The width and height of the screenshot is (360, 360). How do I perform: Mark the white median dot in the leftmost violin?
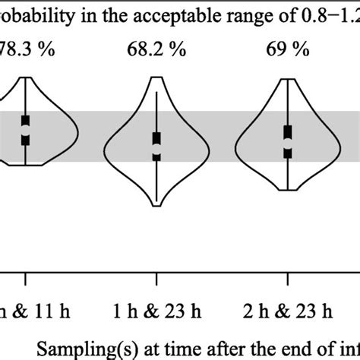(x=26, y=131)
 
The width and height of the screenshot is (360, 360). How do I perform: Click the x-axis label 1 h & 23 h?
(x=156, y=311)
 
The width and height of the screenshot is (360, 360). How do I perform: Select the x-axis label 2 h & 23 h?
(x=288, y=311)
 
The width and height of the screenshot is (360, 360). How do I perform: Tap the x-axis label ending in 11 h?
(x=23, y=311)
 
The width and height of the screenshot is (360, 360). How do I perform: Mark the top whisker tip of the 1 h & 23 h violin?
(x=156, y=91)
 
